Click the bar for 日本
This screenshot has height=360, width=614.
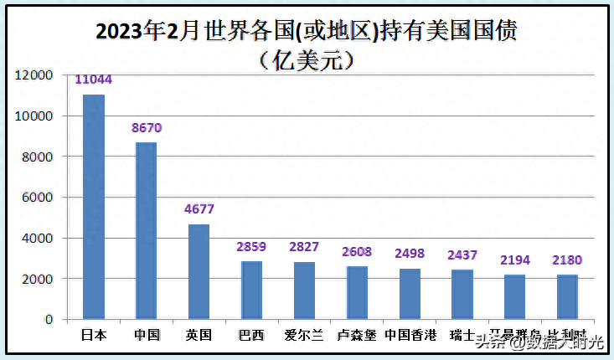pos(94,207)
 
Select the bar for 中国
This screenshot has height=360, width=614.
pos(147,231)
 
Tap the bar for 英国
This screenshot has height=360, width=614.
pos(199,271)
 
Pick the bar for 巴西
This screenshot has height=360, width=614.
pos(252,290)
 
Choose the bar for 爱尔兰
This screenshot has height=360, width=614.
pos(304,291)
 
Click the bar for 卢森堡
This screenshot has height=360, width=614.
pos(357,292)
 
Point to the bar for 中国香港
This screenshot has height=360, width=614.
pos(410,294)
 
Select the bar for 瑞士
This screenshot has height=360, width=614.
pos(462,295)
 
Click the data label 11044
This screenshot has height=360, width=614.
pos(94,80)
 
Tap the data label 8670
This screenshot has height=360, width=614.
pos(147,128)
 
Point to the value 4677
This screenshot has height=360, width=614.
pos(199,209)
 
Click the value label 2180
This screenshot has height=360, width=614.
pos(567,260)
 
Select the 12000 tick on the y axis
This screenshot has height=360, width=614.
pos(36,75)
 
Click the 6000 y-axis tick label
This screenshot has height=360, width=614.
pos(39,197)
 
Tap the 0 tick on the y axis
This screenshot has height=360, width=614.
pos(49,319)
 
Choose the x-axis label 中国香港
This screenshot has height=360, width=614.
pos(410,335)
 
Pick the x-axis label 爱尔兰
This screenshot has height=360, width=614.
pos(305,335)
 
